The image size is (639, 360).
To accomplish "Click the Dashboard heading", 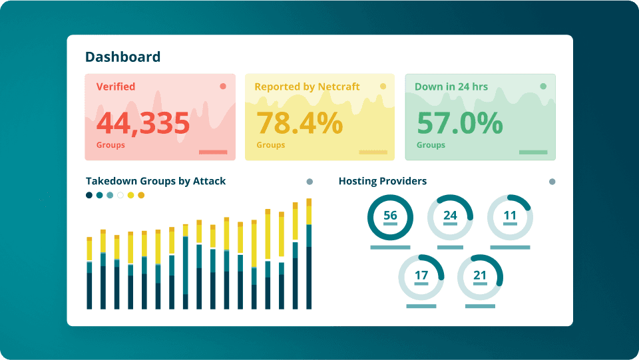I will click(x=123, y=57).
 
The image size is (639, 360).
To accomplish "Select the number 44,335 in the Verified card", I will click(x=143, y=123).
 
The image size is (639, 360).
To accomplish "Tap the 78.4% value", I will click(x=300, y=123).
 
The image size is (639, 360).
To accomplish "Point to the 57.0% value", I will click(x=459, y=123).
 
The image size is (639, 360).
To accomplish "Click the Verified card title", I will click(x=116, y=87).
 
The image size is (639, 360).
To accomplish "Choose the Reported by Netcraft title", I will click(x=307, y=87).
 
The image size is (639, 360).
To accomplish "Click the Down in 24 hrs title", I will click(x=451, y=87).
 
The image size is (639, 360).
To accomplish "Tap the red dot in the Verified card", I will click(x=223, y=86).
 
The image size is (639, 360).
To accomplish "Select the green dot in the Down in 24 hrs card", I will click(x=543, y=86).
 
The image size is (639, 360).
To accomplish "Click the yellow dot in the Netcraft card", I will click(x=383, y=86).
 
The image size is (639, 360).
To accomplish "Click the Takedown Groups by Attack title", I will click(x=156, y=181).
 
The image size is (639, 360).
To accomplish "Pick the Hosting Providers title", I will click(x=383, y=181).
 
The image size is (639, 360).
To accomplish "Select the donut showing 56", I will click(x=390, y=217).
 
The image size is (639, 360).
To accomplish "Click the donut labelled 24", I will click(x=450, y=217).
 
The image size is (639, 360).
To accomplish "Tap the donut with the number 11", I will click(x=510, y=217).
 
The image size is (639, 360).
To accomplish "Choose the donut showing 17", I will click(x=421, y=277).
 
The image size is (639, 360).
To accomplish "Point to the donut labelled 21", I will click(x=480, y=277).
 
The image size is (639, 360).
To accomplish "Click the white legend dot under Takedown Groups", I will click(x=120, y=195).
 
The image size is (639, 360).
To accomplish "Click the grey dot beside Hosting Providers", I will click(x=552, y=182).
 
